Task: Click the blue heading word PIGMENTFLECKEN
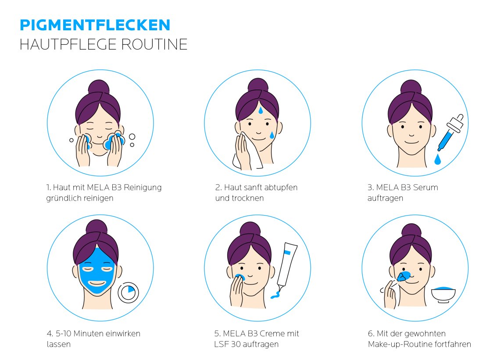pyautogui.click(x=95, y=25)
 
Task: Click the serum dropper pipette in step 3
pyautogui.click(x=450, y=133)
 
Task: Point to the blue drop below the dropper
pyautogui.click(x=437, y=159)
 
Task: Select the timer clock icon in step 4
pyautogui.click(x=128, y=293)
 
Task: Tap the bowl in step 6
pyautogui.click(x=443, y=295)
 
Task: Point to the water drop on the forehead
pyautogui.click(x=261, y=110)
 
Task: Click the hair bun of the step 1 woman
pyautogui.click(x=99, y=87)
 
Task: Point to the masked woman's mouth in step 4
pyautogui.click(x=97, y=284)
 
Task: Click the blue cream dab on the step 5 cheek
pyautogui.click(x=239, y=277)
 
